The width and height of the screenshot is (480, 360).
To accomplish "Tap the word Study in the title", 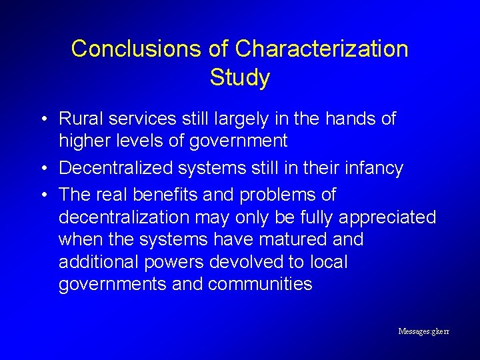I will (239, 78).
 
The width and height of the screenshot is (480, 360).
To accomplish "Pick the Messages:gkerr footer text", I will (423, 331).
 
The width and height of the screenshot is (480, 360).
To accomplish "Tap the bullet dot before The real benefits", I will (42, 196).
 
